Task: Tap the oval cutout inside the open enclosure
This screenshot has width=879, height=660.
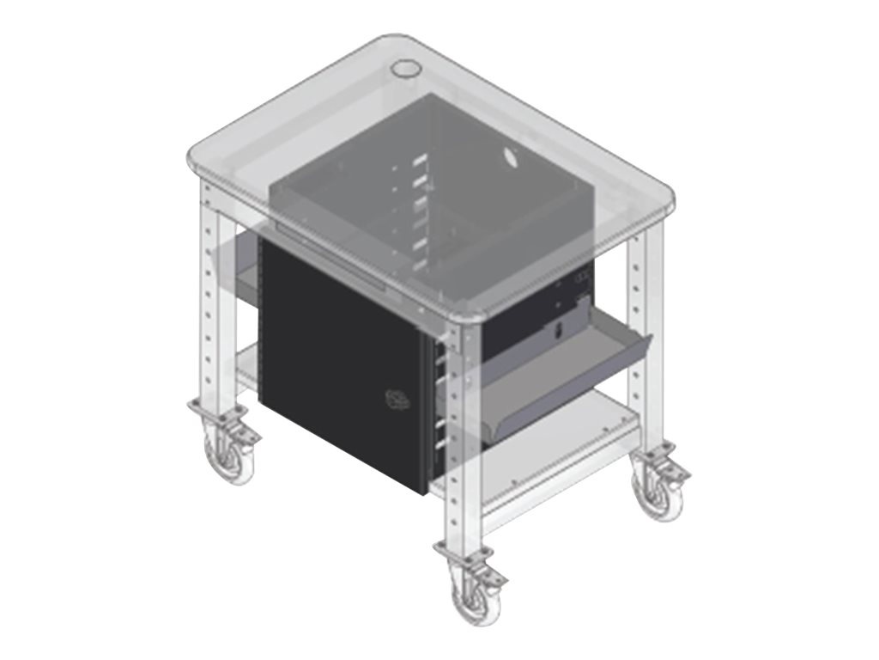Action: (x=508, y=158)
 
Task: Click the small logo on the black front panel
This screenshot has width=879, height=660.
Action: (x=397, y=398)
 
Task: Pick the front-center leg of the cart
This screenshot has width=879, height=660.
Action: (x=455, y=430)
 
